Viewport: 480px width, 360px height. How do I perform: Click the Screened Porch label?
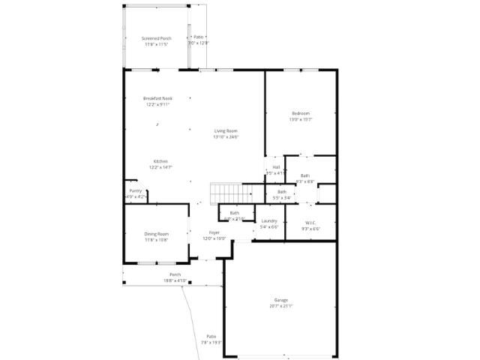point(157,38)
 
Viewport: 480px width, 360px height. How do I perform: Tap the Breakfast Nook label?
point(157,98)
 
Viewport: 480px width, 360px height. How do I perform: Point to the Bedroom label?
point(300,113)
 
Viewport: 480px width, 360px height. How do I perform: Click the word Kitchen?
point(160,161)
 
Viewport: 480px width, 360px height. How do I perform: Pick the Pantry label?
point(136,191)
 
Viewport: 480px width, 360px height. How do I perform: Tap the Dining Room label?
point(157,234)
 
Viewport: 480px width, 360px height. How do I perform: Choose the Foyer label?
point(214,233)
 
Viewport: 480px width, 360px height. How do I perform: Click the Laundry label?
point(269,220)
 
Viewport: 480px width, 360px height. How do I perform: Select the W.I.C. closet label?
point(310,223)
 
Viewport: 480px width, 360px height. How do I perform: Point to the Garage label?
point(280,300)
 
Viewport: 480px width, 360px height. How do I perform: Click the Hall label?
point(276,166)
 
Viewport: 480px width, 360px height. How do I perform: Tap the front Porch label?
point(175,274)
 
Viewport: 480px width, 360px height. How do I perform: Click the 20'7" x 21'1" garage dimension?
point(280,306)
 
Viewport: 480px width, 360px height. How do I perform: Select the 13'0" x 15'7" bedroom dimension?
point(300,119)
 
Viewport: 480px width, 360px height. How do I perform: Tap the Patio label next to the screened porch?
point(199,37)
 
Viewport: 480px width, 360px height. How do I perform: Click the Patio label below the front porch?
point(211,336)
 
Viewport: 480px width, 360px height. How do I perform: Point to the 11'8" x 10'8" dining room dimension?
point(157,240)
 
